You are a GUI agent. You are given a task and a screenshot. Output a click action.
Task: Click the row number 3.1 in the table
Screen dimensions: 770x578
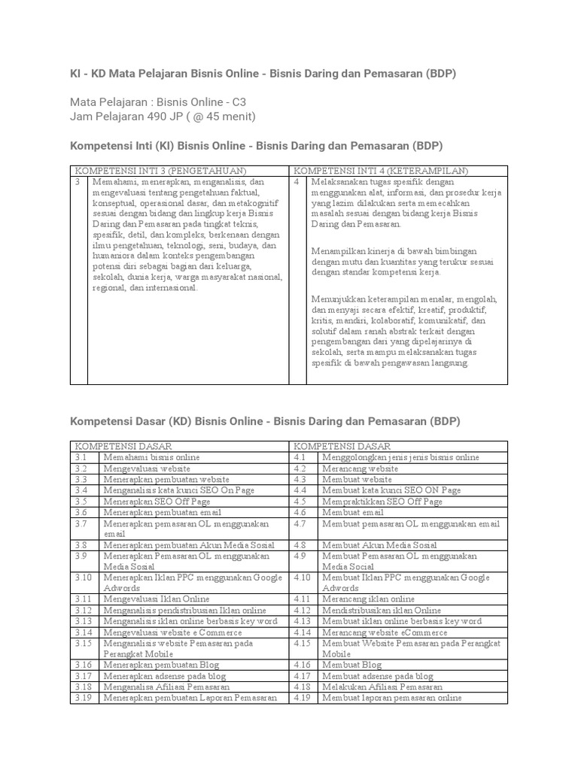tap(81, 457)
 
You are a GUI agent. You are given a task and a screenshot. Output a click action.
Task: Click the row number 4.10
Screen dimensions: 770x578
tap(302, 577)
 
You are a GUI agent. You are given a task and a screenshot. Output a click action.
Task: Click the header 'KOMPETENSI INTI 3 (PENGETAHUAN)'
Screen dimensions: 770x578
tap(161, 171)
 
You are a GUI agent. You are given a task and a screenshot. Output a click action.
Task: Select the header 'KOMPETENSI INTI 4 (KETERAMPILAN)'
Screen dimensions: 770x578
tap(381, 171)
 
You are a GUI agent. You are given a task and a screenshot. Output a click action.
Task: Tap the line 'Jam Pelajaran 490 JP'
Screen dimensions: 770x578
tap(163, 117)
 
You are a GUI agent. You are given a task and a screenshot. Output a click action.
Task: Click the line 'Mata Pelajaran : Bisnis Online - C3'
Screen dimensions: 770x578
tap(158, 102)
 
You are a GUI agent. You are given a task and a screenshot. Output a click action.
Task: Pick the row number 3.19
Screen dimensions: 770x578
tap(83, 698)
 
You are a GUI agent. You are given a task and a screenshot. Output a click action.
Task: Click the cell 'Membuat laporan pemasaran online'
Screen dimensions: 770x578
tap(391, 698)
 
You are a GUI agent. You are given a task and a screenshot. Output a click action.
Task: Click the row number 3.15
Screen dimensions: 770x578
tap(83, 644)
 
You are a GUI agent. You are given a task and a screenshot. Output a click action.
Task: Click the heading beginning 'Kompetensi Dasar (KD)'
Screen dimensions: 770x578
tap(264, 422)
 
